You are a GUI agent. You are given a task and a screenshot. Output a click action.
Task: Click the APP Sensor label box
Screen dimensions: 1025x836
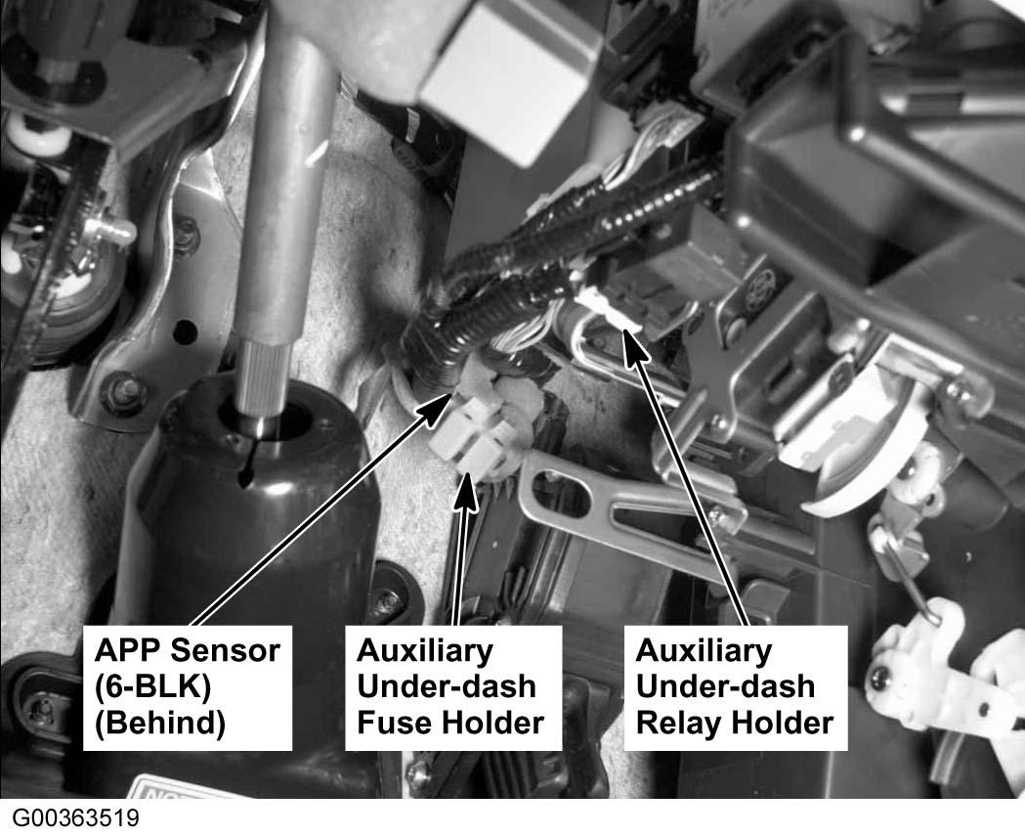(x=187, y=687)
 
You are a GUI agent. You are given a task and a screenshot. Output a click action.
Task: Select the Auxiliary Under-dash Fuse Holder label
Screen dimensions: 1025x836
(x=453, y=687)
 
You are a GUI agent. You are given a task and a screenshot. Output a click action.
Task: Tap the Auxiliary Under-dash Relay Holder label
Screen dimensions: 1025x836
(x=736, y=687)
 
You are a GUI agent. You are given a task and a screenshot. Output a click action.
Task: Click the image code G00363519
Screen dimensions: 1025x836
(x=76, y=818)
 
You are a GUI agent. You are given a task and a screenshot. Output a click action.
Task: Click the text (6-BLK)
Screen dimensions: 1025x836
(x=152, y=686)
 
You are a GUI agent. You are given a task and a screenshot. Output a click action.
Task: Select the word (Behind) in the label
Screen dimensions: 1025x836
(x=160, y=724)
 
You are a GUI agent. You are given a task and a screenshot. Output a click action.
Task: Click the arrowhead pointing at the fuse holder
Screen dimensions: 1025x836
(x=465, y=489)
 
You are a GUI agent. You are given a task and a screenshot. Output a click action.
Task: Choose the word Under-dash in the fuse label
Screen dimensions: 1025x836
(x=448, y=686)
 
